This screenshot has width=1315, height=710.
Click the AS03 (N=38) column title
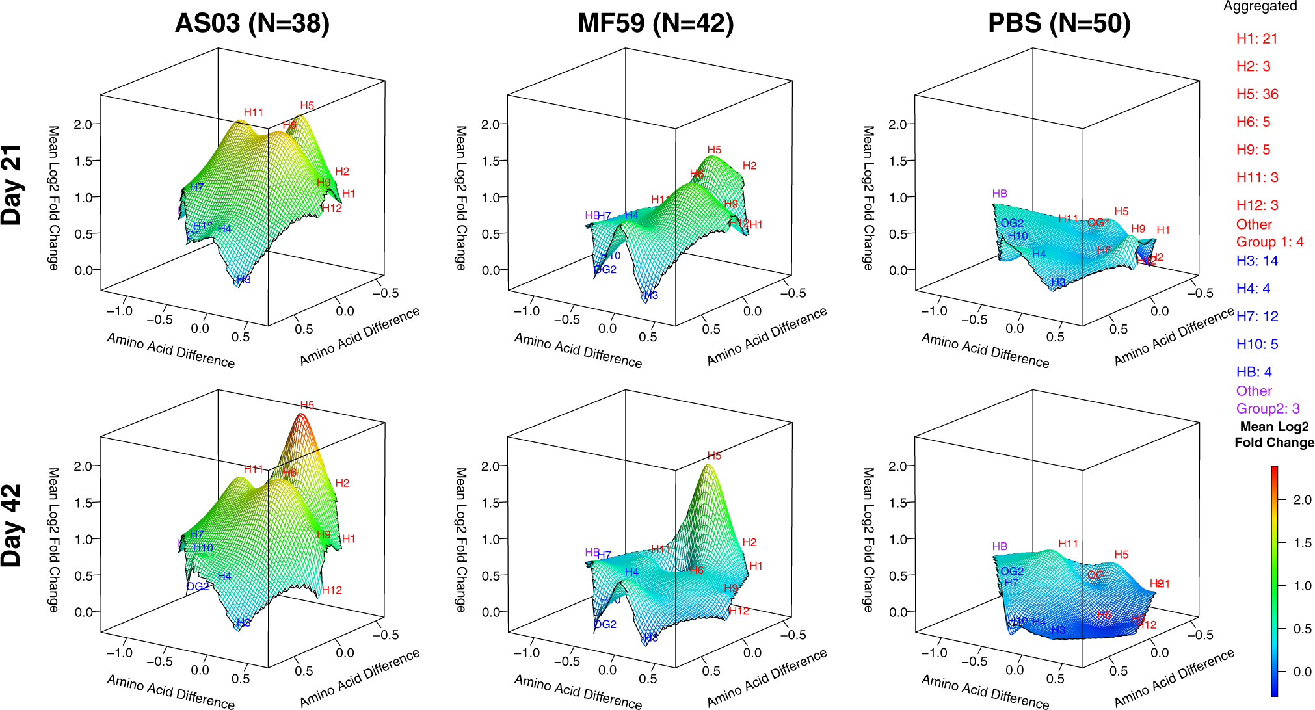[252, 23]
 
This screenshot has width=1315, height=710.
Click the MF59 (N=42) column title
[656, 23]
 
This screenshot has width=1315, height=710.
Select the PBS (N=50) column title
[1059, 23]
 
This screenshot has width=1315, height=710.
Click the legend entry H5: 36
[1256, 94]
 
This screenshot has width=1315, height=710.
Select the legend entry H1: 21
[1256, 39]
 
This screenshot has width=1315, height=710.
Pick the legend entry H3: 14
[1256, 261]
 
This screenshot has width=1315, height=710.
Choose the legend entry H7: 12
[1256, 317]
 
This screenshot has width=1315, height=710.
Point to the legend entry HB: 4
[1253, 372]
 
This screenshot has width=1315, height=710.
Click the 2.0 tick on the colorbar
[1302, 500]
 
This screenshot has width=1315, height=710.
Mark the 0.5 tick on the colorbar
[1302, 629]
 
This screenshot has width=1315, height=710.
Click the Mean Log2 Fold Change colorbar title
[1274, 434]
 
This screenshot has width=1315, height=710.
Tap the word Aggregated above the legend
[1260, 7]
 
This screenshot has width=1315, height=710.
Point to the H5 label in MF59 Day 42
[714, 456]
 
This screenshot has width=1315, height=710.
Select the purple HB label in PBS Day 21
[1000, 194]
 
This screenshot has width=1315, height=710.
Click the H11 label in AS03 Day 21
[253, 112]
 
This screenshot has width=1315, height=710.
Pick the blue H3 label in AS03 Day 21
[243, 280]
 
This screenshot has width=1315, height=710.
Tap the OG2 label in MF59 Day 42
[605, 624]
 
